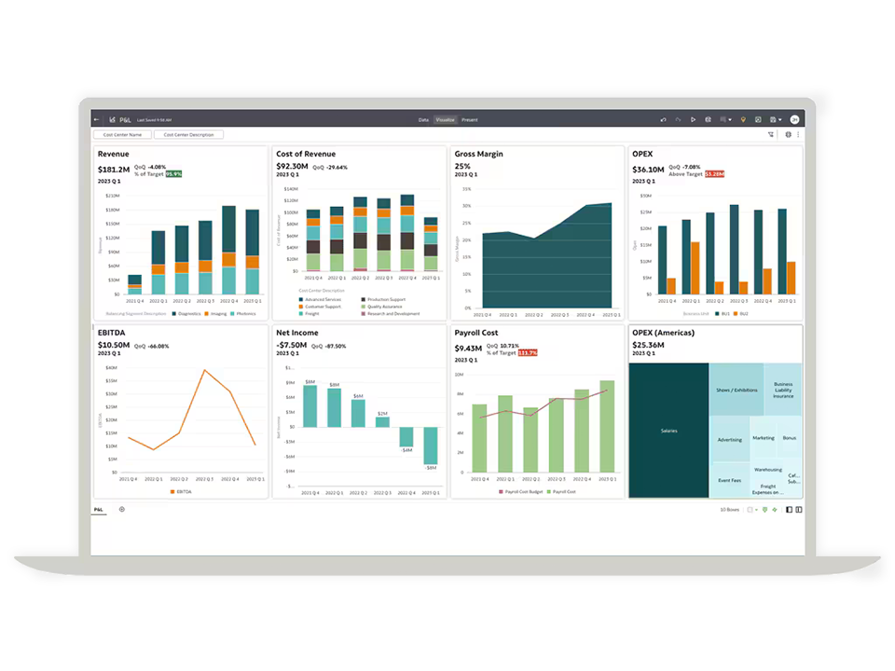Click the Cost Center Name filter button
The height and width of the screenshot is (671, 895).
click(x=122, y=135)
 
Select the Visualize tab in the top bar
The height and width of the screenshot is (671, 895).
click(x=446, y=120)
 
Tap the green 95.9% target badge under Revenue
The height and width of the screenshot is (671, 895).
click(x=173, y=174)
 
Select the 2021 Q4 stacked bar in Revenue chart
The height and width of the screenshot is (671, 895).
click(x=135, y=284)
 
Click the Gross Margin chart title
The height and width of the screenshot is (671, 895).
click(x=478, y=154)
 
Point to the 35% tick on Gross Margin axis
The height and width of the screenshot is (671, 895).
click(x=466, y=188)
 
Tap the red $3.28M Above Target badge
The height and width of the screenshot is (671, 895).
click(x=714, y=174)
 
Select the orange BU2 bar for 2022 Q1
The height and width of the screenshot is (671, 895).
click(x=695, y=268)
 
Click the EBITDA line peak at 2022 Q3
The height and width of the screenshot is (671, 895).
click(x=204, y=370)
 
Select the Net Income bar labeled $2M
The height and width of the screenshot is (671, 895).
click(x=382, y=421)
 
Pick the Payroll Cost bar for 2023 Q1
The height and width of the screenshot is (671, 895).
click(x=607, y=426)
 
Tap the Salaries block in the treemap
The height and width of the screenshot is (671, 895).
click(x=668, y=431)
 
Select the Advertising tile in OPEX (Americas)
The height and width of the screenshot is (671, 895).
click(x=730, y=440)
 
